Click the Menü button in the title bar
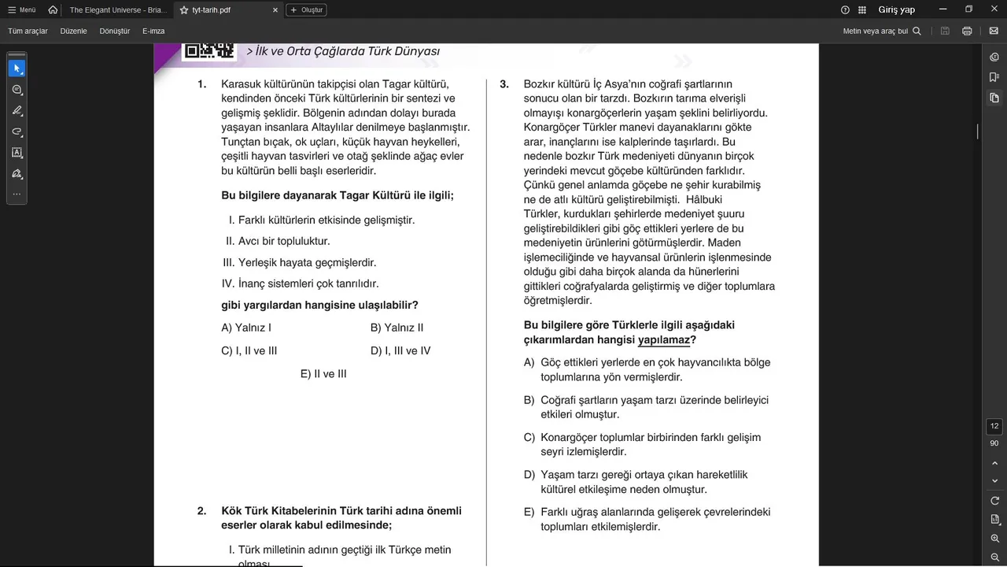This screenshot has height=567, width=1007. [22, 10]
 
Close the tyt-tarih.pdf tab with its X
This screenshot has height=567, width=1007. [275, 10]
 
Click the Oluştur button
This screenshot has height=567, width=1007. [306, 10]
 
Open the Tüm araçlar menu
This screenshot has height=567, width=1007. [28, 31]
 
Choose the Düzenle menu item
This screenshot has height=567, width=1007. [73, 31]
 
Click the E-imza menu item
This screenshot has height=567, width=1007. [153, 31]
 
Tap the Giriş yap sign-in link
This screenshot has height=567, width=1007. [896, 10]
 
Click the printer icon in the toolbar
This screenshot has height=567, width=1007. [967, 31]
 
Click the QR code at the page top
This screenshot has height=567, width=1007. [209, 50]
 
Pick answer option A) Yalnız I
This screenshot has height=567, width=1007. [246, 328]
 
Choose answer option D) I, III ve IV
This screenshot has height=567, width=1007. [400, 351]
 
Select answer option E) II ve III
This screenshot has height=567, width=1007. [323, 374]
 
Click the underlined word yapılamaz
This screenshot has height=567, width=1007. [663, 340]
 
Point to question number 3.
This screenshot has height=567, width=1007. [504, 84]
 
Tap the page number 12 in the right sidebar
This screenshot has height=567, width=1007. [994, 426]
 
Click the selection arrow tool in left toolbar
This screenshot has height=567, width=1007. [17, 69]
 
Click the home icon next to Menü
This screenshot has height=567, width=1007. [53, 10]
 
